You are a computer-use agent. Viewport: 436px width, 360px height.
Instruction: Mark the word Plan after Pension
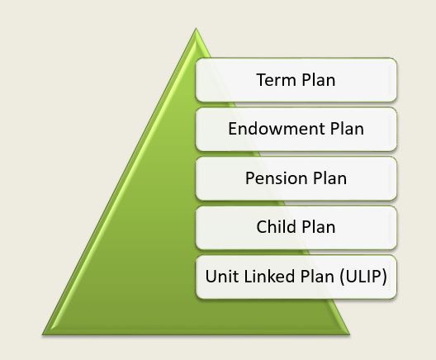(x=326, y=178)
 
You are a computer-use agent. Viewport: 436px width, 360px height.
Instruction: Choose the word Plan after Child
(x=318, y=225)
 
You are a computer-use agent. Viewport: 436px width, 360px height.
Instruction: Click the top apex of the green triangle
(x=197, y=31)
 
